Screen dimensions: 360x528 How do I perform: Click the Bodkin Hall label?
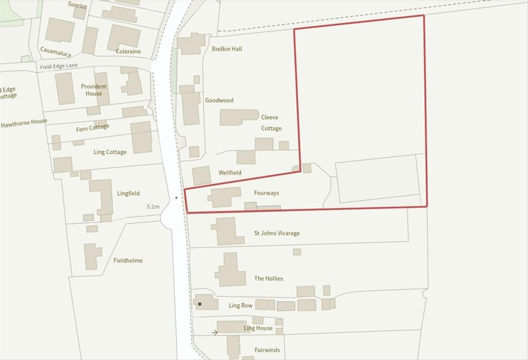tap(227, 49)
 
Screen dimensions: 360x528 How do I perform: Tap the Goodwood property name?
tap(219, 101)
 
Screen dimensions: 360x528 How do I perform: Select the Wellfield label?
tap(229, 173)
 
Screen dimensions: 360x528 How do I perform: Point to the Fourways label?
tap(267, 193)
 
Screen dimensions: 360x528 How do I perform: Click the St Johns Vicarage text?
tap(276, 233)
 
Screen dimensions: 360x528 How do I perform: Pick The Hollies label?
tap(269, 279)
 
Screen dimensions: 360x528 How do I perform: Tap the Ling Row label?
tap(241, 305)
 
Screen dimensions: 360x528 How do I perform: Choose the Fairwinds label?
tap(267, 350)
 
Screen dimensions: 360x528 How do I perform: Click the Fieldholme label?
tap(128, 260)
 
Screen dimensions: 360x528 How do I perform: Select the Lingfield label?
tap(128, 193)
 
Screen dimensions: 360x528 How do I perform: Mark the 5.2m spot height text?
tap(153, 206)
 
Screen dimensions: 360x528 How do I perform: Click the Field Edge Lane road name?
tap(59, 66)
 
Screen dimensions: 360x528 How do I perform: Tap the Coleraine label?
tap(128, 52)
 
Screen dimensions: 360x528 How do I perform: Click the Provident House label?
tap(94, 90)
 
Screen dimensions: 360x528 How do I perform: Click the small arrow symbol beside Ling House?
tap(214, 333)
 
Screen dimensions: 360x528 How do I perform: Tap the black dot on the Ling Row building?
tap(200, 304)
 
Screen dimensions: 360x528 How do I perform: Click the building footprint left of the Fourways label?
tap(225, 197)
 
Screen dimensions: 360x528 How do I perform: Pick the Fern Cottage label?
tap(93, 127)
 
